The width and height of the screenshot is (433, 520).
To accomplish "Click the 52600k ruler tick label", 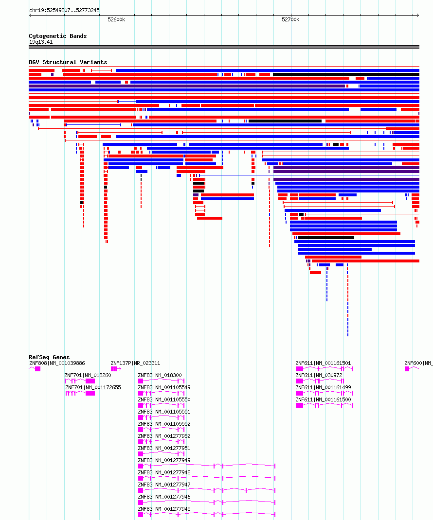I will click(x=116, y=20).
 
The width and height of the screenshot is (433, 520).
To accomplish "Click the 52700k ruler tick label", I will click(x=290, y=20).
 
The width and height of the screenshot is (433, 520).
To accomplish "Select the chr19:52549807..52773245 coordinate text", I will click(x=64, y=10).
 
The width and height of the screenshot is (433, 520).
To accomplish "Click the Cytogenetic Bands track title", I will click(x=57, y=36).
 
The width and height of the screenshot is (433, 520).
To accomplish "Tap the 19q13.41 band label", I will click(x=41, y=42).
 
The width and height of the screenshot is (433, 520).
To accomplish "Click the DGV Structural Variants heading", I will click(x=68, y=62).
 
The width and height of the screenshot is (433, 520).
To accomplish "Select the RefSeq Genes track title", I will click(x=49, y=357).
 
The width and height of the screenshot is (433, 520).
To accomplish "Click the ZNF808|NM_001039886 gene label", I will click(x=57, y=363).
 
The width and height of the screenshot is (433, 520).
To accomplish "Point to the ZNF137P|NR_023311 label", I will click(x=135, y=363).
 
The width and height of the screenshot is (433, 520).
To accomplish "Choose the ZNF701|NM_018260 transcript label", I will click(x=88, y=375).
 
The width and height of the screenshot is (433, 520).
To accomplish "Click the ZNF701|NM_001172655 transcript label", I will click(x=93, y=387).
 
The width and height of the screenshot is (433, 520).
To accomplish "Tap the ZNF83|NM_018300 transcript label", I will click(x=160, y=375).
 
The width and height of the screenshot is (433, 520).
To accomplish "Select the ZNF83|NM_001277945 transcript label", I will click(x=164, y=509).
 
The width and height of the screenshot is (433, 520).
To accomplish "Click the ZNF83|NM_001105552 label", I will click(x=164, y=424).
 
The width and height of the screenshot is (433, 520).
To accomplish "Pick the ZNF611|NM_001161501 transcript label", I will click(x=323, y=363).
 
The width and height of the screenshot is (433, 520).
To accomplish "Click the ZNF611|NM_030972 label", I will click(x=319, y=375).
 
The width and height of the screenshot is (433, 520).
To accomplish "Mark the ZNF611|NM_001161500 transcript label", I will click(x=323, y=399).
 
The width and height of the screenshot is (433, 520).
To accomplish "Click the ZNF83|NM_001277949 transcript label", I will click(x=164, y=460).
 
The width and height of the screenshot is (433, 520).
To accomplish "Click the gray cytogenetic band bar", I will click(x=224, y=47).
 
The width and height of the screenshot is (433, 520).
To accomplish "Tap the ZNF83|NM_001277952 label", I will click(x=164, y=436).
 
